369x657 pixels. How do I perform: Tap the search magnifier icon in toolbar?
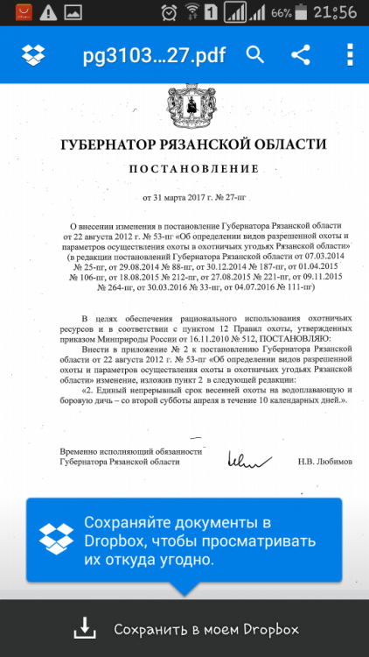coord(255,55)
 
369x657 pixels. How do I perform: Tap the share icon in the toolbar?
coord(301,55)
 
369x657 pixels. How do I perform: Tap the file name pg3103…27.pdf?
coord(153,55)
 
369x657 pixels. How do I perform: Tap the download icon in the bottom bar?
coord(84,628)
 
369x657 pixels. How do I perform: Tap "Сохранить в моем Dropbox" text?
coord(206,629)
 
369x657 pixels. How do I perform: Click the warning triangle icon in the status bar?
coord(47,12)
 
